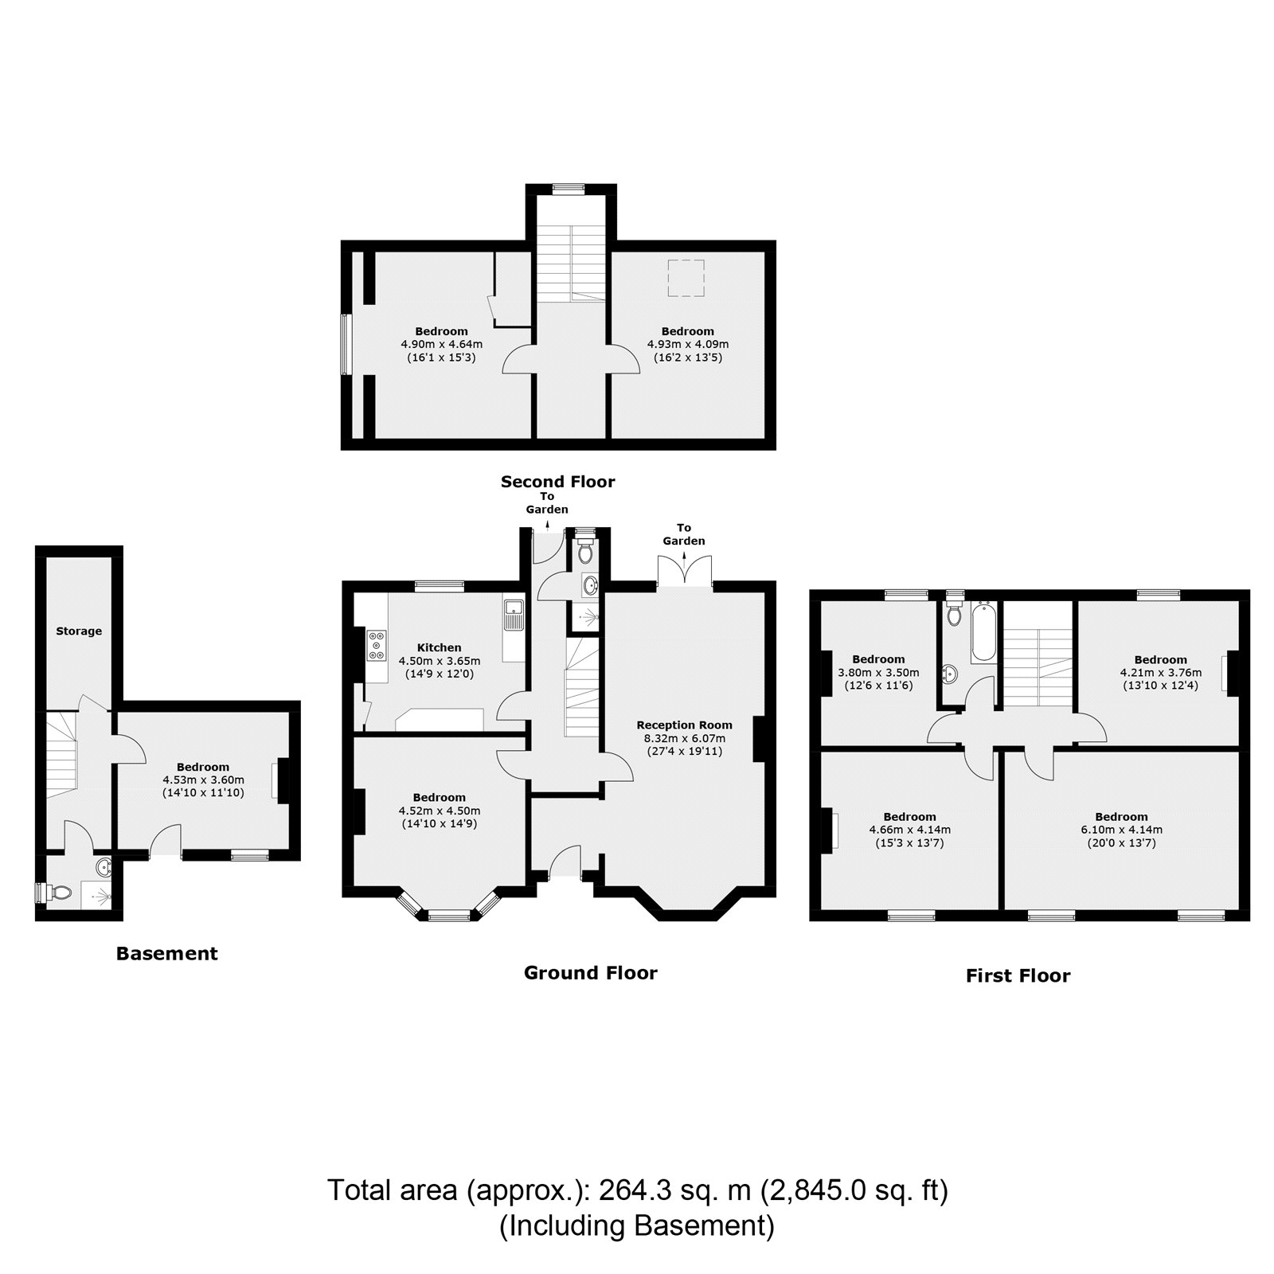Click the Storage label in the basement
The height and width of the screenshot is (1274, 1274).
pos(79,631)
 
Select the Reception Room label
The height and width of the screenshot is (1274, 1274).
pos(684,725)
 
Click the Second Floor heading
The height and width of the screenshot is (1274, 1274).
pos(557,482)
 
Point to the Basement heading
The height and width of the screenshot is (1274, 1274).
pos(166,953)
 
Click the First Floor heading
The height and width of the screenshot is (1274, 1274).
pos(1018,975)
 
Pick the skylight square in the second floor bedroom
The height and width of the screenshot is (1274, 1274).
pos(686,279)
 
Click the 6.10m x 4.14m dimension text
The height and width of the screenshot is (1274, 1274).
pos(1121,830)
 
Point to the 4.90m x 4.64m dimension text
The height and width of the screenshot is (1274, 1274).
pos(441,345)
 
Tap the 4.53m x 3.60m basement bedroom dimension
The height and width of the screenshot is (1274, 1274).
pos(203,780)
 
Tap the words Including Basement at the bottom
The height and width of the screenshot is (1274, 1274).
pos(636,1225)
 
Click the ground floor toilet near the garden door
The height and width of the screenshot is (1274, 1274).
pos(585,551)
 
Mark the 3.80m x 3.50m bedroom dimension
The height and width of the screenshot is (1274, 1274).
pos(878,672)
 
